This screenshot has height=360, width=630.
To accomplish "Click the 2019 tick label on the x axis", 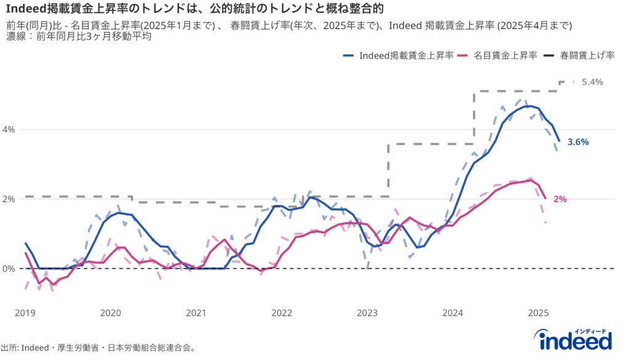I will point(25,313).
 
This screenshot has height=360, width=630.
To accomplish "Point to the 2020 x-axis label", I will point(110,313).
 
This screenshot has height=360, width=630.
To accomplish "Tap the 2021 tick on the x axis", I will point(196,313).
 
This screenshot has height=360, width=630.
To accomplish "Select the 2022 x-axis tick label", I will point(282,313).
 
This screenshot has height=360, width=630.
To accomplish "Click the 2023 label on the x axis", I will point(367,313).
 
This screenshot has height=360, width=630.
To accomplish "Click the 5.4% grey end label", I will point(592,82).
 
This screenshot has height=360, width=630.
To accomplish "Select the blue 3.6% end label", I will point(578,142).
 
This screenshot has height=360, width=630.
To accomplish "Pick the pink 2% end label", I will point(559,199).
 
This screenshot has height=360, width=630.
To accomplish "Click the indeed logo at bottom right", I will point(575,338).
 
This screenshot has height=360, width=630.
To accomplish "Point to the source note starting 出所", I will point(98,348).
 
